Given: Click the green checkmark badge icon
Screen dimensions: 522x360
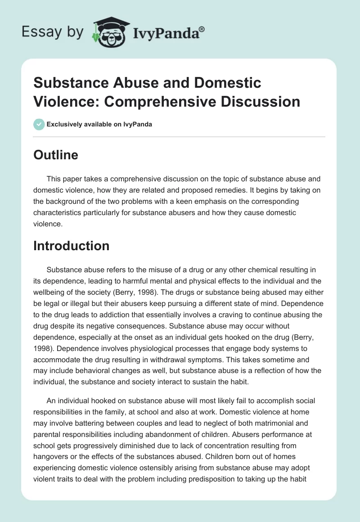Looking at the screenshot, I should tap(39, 124).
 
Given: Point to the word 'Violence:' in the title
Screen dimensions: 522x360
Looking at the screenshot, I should tap(59, 101).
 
